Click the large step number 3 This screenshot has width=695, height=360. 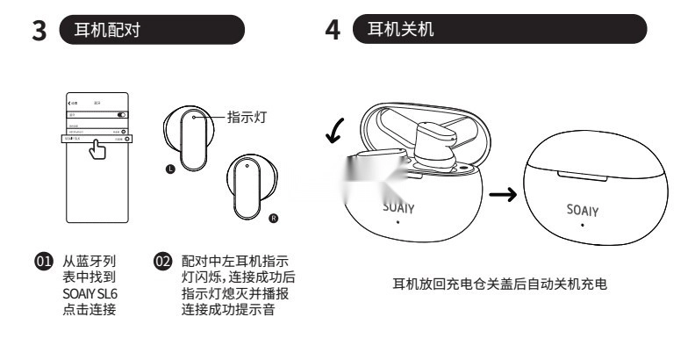coord(38,30)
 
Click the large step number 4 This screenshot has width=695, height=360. coord(333,30)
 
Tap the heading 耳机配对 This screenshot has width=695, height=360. coord(111,30)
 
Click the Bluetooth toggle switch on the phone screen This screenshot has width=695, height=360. coord(122,115)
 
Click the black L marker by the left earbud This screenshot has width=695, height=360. coord(171,166)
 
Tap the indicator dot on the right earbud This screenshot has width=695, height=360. coord(247,164)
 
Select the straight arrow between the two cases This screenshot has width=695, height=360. coord(501,195)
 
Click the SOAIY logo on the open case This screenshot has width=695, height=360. coord(398,208)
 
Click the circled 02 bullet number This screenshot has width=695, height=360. coord(161,261)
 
